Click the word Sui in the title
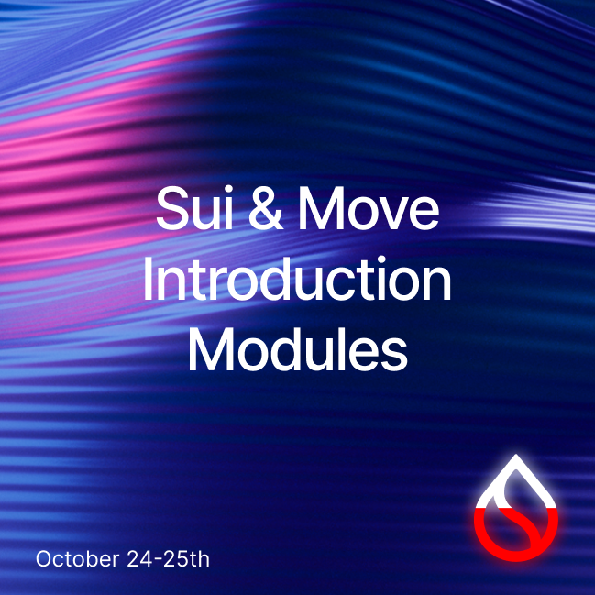coord(194,207)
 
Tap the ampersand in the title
coord(266,208)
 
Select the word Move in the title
coord(369,208)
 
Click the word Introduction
coord(297,279)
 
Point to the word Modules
coord(298,350)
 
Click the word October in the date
coord(77,559)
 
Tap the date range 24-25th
coord(168,559)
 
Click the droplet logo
coord(515,508)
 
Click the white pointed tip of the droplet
coord(515,456)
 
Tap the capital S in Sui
coord(174,208)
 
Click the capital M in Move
coord(321,208)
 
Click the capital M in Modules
coord(211,350)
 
